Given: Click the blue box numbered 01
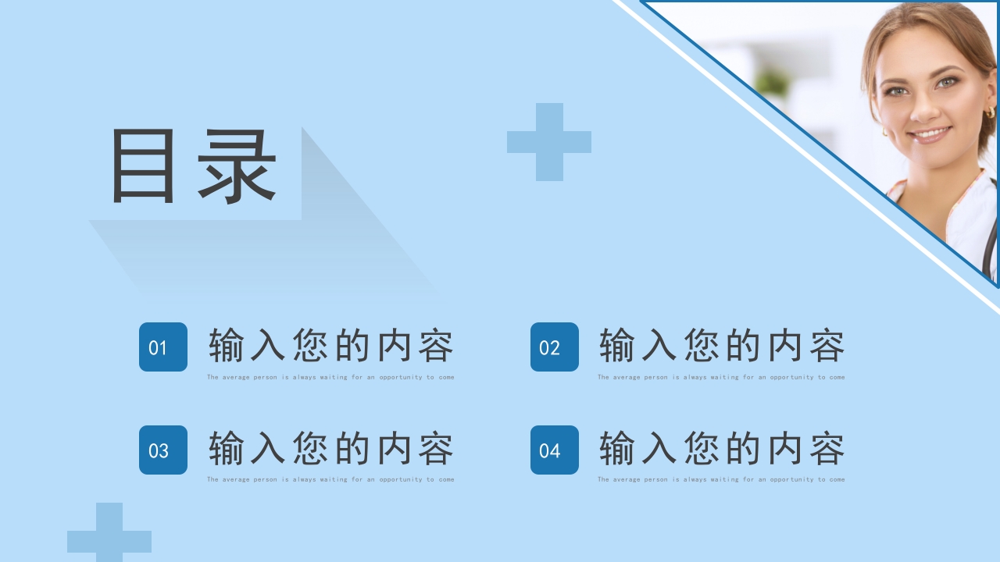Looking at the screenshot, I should click(163, 347).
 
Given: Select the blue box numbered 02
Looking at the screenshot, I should click(555, 347).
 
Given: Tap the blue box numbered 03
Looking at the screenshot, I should click(163, 450).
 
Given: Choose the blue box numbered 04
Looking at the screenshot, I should click(555, 450).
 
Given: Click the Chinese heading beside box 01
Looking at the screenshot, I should click(330, 346).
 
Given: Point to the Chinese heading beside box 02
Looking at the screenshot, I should click(722, 346).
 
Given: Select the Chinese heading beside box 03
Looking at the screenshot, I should click(330, 449).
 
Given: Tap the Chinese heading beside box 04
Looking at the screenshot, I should click(722, 449).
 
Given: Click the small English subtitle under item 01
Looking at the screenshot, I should click(330, 377).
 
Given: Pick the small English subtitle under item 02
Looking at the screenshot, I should click(722, 377).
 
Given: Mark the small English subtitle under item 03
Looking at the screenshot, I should click(330, 479).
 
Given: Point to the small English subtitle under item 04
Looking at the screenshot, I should click(722, 479).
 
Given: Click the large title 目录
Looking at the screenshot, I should click(194, 166).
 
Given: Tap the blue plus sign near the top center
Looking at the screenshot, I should click(549, 142).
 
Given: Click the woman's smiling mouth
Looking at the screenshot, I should click(930, 134).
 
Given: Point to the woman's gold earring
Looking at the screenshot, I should click(991, 112).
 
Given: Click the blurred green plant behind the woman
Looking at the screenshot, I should click(773, 83).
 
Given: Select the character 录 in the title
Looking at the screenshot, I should click(237, 166).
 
